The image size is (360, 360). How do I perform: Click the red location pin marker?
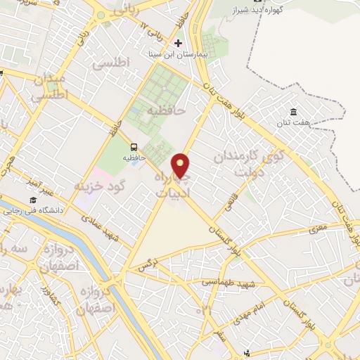(181, 166)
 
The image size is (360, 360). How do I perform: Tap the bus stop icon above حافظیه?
(134, 146)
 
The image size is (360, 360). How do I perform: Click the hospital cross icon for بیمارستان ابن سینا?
(178, 43)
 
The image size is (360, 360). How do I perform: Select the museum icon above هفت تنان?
(293, 112)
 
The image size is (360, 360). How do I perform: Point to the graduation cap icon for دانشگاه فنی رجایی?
(32, 200)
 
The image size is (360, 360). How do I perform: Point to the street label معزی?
(319, 228)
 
